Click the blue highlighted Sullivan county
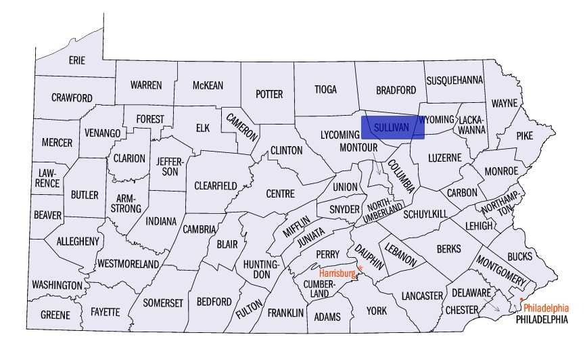click(x=392, y=127)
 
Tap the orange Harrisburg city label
click(x=337, y=273)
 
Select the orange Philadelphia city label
click(x=546, y=307)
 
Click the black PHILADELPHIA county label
click(x=541, y=319)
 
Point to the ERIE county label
click(x=77, y=60)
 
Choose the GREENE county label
click(x=55, y=315)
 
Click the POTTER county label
click(x=268, y=94)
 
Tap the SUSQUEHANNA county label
click(x=454, y=81)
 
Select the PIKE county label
click(x=524, y=135)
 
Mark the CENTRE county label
click(x=280, y=194)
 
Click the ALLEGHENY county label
click(x=78, y=241)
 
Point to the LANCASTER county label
click(x=421, y=296)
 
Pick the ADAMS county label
click(x=327, y=317)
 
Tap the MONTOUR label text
click(x=358, y=147)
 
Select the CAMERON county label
click(x=242, y=126)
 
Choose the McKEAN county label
click(x=208, y=85)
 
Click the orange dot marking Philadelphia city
click(x=521, y=299)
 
